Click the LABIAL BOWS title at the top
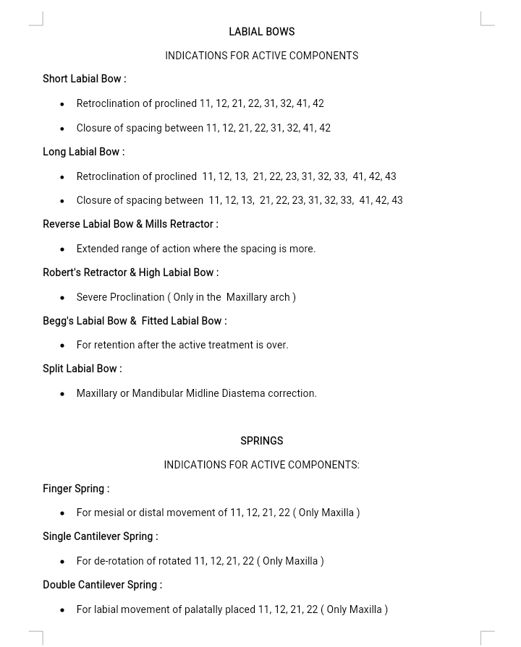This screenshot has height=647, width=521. click(261, 32)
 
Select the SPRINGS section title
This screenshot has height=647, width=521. click(261, 441)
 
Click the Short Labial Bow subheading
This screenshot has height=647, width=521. click(84, 79)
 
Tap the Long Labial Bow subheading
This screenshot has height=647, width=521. click(83, 152)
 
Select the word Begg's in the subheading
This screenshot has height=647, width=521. click(58, 321)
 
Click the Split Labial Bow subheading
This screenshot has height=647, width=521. click(82, 369)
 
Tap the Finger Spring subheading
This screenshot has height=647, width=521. click(75, 489)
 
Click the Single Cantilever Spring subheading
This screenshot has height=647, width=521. click(100, 536)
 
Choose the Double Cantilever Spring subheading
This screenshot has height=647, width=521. click(102, 585)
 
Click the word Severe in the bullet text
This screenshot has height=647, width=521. click(92, 297)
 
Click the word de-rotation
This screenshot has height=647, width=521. click(119, 561)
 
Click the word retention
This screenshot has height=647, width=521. click(114, 345)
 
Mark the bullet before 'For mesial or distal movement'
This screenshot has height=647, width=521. click(62, 513)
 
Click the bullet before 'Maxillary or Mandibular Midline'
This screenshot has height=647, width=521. click(62, 394)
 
